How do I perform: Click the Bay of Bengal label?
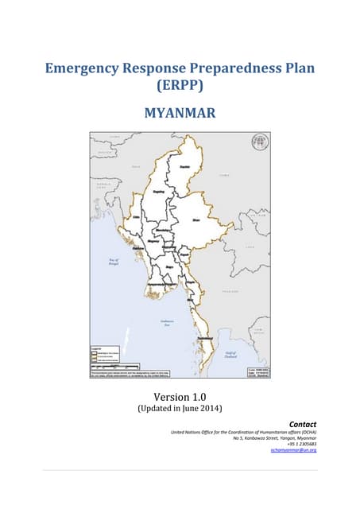click(x=113, y=262)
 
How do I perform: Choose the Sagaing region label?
click(x=157, y=192)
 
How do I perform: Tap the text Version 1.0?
click(x=180, y=396)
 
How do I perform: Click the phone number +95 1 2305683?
click(x=300, y=444)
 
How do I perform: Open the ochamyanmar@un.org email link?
click(x=293, y=450)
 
